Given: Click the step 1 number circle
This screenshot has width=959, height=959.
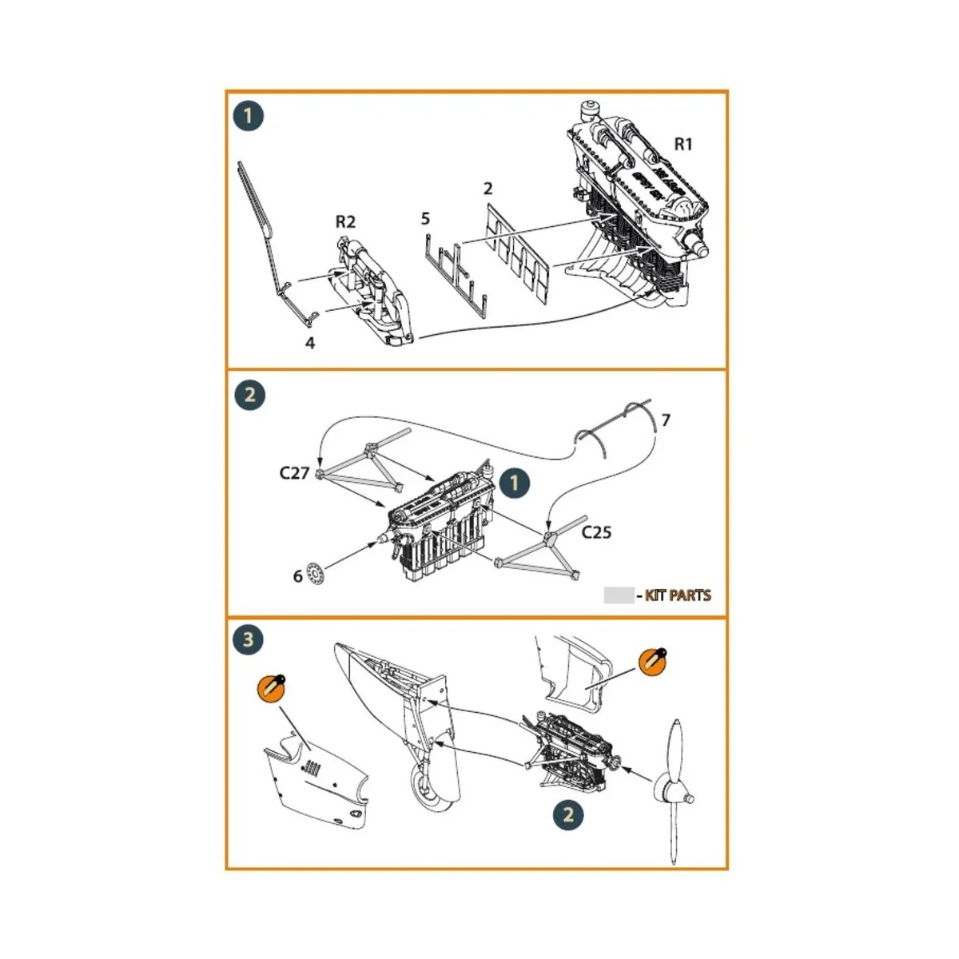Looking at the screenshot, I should [249, 116].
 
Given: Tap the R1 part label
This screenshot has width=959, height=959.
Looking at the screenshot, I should [683, 144].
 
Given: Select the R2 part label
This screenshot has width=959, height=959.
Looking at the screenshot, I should [345, 221].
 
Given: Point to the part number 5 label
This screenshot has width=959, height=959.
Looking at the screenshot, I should [425, 218].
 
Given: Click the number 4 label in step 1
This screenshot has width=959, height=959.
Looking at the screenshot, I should [310, 343].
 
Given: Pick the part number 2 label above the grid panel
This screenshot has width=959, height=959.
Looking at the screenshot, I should [487, 189].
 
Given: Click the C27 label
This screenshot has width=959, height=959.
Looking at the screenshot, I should [294, 472].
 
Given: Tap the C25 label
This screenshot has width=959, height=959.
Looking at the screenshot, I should [596, 532].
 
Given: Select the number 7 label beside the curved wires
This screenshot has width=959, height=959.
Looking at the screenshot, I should [666, 420].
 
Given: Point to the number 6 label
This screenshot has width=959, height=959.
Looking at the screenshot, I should [297, 575].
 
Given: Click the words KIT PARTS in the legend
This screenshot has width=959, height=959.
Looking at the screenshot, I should [678, 595].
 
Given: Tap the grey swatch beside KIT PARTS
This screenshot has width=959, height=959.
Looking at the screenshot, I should [618, 595].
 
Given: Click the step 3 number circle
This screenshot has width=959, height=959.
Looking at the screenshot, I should [249, 639].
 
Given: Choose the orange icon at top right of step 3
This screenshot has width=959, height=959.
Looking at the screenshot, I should [653, 663].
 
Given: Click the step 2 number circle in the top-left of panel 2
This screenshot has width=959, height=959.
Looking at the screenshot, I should [249, 395].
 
